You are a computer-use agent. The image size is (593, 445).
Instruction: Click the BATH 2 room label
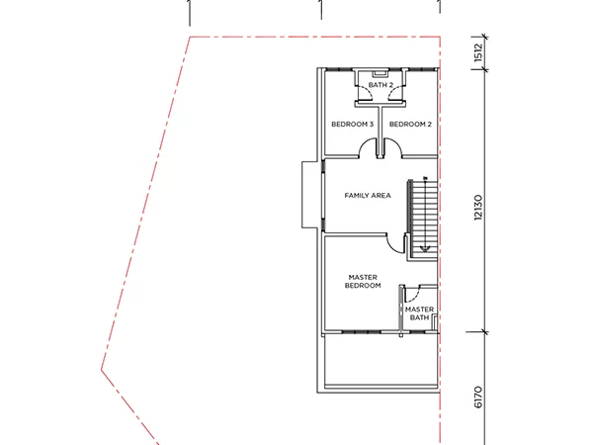pos(381,85)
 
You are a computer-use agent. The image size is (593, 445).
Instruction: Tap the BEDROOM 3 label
pos(353,125)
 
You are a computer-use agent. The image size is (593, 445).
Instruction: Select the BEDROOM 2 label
pos(410,125)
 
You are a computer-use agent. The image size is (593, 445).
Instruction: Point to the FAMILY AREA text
pos(368,195)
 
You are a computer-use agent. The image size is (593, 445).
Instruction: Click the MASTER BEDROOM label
pos(363,281)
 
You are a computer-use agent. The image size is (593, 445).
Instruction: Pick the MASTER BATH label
pos(419,313)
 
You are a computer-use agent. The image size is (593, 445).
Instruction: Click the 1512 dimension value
pos(478,52)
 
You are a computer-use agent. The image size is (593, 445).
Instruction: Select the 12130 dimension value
pos(478,207)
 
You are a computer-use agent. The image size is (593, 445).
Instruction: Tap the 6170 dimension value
pos(478,397)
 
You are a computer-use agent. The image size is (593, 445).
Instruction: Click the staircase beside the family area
pos(422,219)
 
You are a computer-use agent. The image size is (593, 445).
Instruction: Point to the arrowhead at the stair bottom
pos(425,249)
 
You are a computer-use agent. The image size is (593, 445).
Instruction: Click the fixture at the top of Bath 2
pos(381,73)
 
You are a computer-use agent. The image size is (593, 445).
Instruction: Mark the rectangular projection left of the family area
pos(309,195)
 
